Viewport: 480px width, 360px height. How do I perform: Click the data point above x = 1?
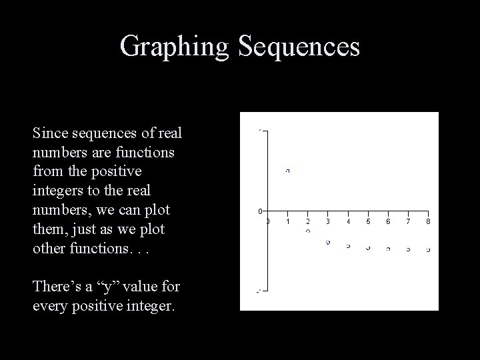coord(287,171)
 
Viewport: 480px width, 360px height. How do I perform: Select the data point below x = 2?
coord(308,231)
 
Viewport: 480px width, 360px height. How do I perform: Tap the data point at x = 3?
coord(328,242)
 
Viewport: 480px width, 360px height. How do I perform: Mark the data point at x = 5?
coord(368,247)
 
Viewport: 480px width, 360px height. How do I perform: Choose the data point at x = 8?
coord(429,249)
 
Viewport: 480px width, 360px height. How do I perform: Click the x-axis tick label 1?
coord(288,221)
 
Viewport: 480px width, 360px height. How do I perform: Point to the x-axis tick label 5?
coord(368,221)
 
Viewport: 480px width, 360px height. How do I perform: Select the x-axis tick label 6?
coord(388,221)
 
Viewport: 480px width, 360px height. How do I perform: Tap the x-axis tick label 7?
coord(408,221)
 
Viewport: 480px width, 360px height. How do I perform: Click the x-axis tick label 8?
coord(429,221)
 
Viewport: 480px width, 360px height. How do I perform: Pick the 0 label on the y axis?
coord(259,211)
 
